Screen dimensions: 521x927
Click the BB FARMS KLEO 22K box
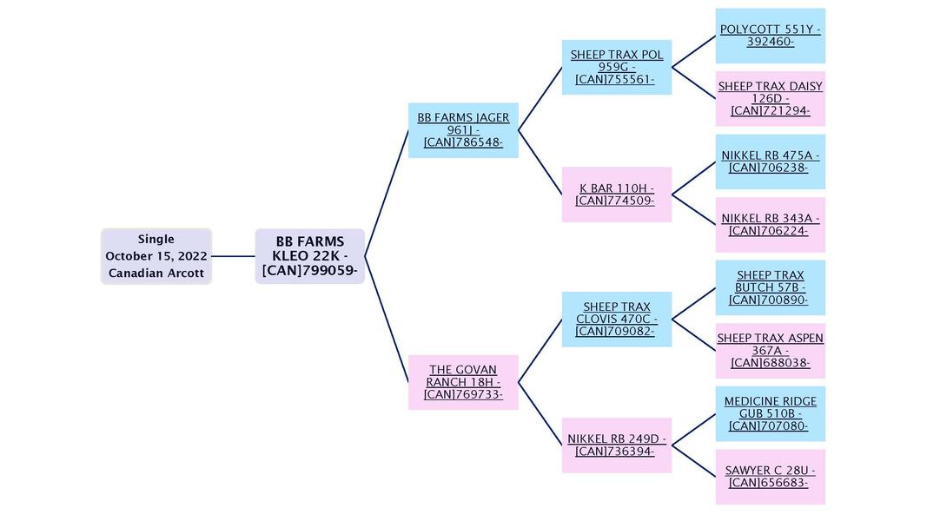click(309, 256)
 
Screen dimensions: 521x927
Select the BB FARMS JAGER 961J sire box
click(463, 130)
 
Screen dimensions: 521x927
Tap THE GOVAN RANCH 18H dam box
click(463, 382)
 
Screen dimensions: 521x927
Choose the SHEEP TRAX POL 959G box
click(616, 67)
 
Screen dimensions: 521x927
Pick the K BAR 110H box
click(616, 195)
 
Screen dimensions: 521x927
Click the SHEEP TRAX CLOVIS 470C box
click(616, 319)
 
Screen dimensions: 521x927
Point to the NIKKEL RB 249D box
click(616, 445)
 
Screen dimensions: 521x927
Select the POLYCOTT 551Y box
click(770, 36)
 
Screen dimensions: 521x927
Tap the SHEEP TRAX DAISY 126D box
click(770, 98)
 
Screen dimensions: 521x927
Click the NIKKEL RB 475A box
click(770, 162)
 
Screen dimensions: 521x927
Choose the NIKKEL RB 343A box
click(770, 224)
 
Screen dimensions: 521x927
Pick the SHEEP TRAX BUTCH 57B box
click(770, 287)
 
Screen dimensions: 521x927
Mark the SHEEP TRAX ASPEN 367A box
click(770, 350)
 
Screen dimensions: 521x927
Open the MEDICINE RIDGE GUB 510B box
click(770, 413)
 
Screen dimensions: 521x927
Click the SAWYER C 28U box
click(770, 476)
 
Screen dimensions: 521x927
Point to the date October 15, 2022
click(156, 256)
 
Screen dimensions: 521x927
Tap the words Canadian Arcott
click(156, 273)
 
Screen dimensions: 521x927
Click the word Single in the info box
click(156, 239)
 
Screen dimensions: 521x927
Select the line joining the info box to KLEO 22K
click(233, 256)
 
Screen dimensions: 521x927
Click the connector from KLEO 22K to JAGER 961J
click(387, 193)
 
